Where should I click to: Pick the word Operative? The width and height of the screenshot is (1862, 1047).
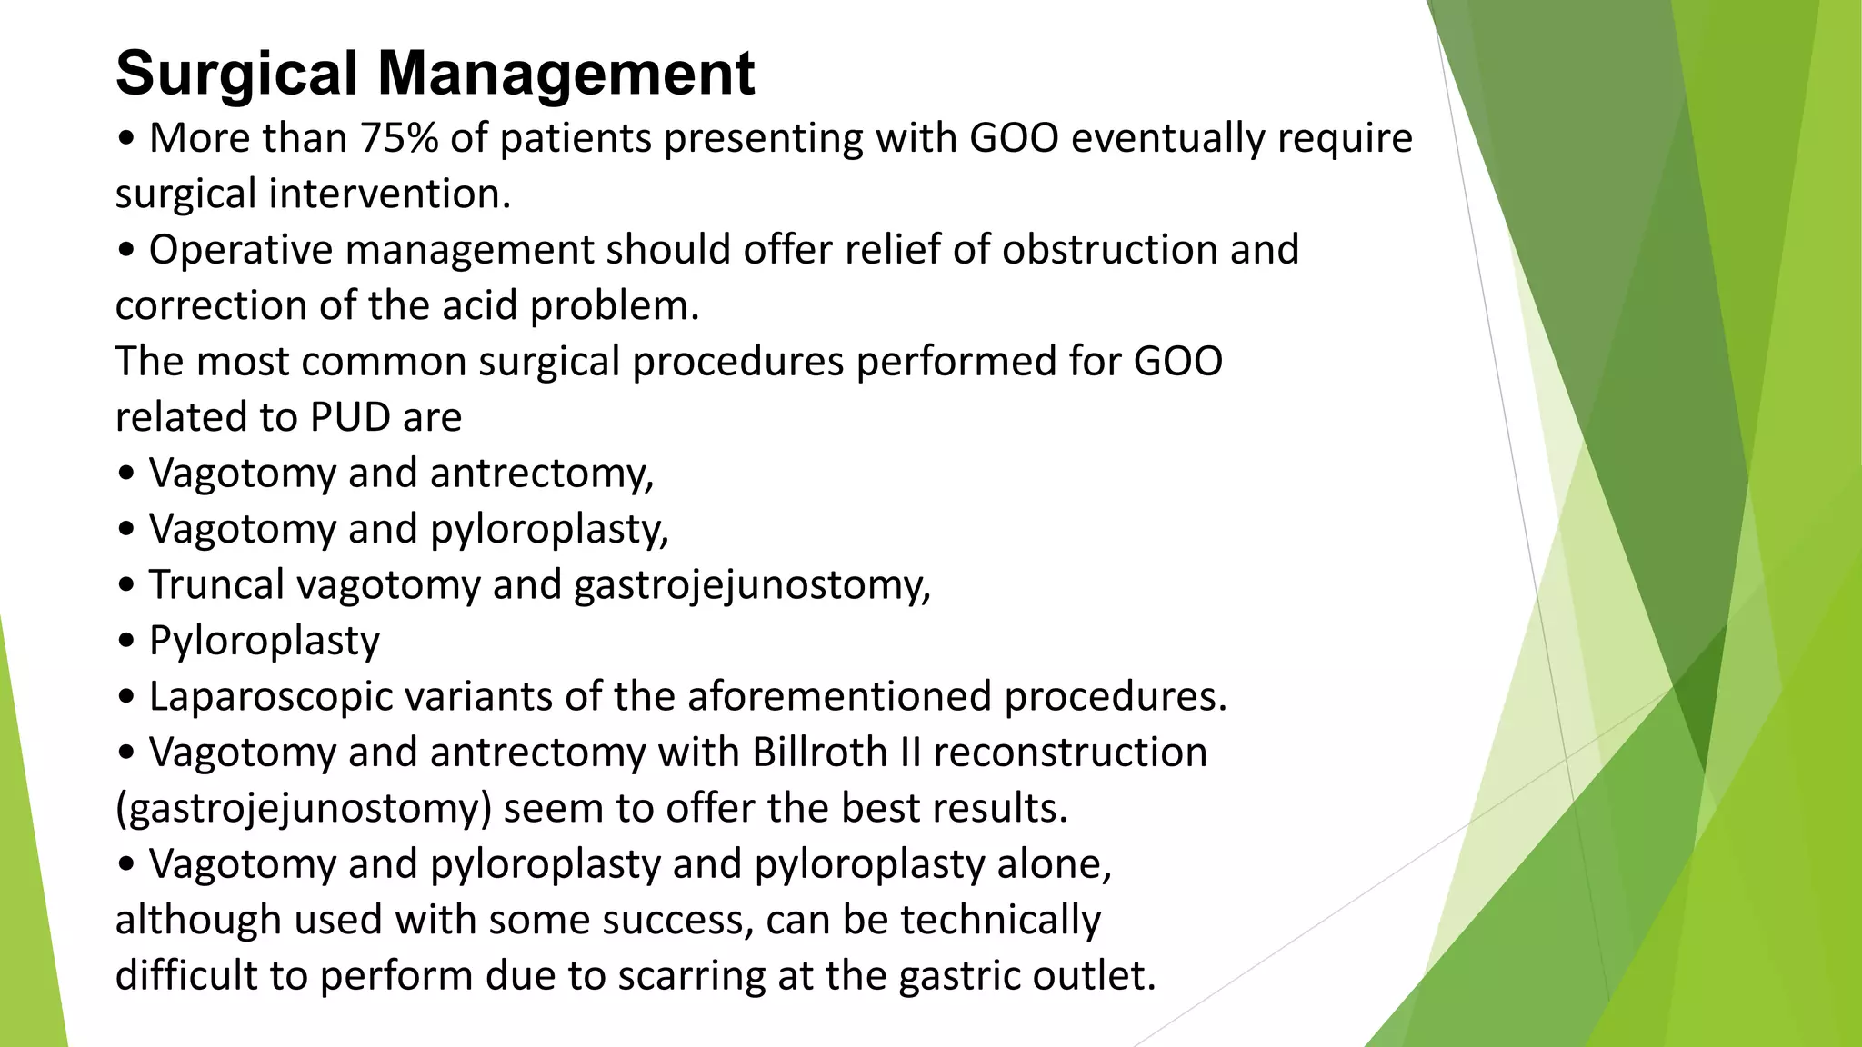pos(239,250)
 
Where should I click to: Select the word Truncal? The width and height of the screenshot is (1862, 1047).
pos(216,584)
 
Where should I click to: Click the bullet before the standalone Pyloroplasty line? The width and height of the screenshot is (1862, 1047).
pos(126,642)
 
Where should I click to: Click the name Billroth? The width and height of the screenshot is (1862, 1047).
pos(820,753)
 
